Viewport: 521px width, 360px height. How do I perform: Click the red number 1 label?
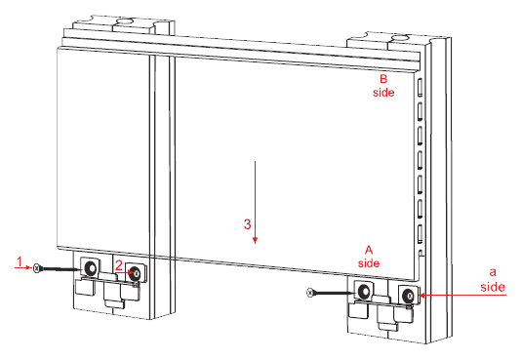pyautogui.click(x=20, y=261)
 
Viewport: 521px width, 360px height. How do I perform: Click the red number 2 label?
pyautogui.click(x=119, y=265)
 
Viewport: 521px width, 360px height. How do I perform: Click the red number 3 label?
pyautogui.click(x=247, y=224)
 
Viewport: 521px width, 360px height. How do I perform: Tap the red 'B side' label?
pyautogui.click(x=383, y=86)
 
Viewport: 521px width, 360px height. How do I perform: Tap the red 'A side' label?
pyautogui.click(x=369, y=257)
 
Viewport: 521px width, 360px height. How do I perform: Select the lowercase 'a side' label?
pyautogui.click(x=493, y=280)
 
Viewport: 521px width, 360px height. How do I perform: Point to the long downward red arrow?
pyautogui.click(x=255, y=202)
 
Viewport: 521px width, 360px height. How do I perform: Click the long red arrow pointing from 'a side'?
pyautogui.click(x=462, y=295)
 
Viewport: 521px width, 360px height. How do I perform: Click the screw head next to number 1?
pyautogui.click(x=36, y=267)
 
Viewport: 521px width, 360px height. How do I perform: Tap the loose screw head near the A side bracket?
pyautogui.click(x=309, y=293)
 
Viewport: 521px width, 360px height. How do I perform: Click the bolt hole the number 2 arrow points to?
pyautogui.click(x=136, y=273)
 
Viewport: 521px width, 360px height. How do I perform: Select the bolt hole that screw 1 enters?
pyautogui.click(x=91, y=267)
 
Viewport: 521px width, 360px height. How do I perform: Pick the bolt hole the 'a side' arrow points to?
pyautogui.click(x=408, y=295)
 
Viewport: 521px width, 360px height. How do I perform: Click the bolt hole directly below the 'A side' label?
pyautogui.click(x=364, y=292)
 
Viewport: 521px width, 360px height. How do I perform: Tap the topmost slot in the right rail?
pyautogui.click(x=420, y=87)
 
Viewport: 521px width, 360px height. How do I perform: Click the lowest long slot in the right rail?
pyautogui.click(x=421, y=234)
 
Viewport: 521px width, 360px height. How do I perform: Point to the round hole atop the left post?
pyautogui.click(x=125, y=21)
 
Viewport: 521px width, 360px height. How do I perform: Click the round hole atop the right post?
pyautogui.click(x=400, y=38)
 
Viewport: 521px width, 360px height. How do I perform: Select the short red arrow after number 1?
pyautogui.click(x=22, y=267)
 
